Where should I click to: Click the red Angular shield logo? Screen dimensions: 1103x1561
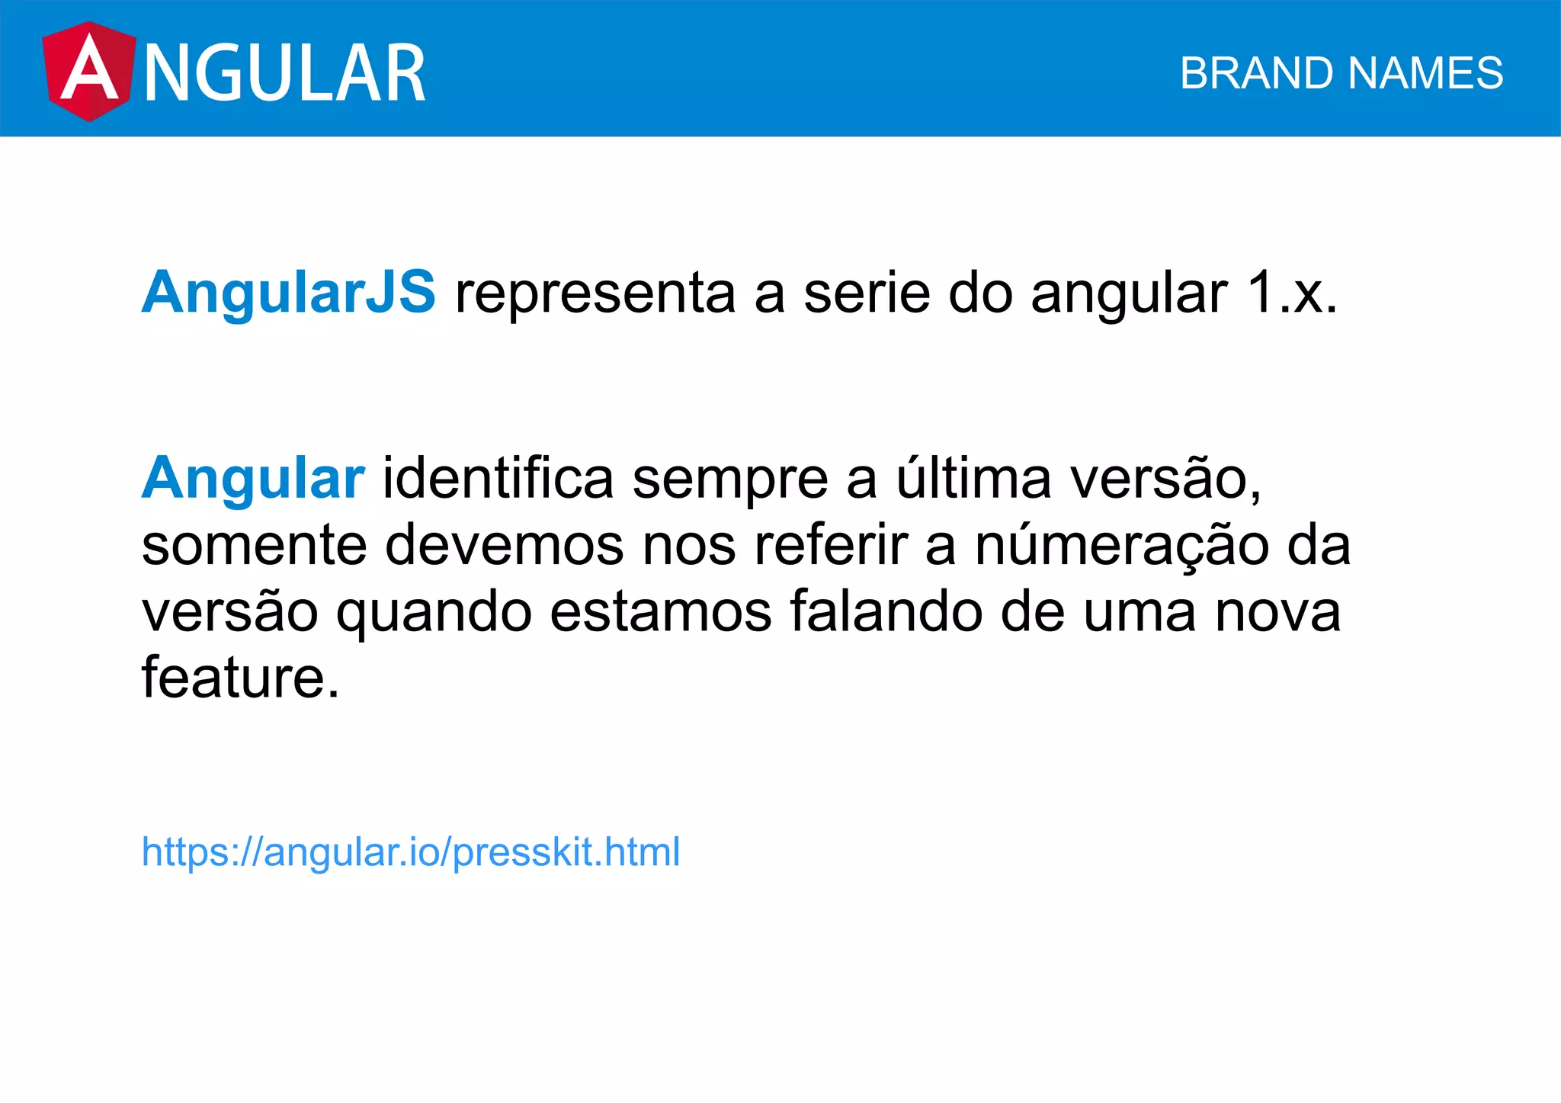pyautogui.click(x=88, y=72)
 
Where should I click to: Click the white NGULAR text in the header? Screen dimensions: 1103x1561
pyautogui.click(x=284, y=73)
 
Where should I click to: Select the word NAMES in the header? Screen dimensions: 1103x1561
pyautogui.click(x=1425, y=73)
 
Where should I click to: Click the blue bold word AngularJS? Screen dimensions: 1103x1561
pyautogui.click(x=288, y=292)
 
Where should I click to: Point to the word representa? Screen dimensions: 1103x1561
pyautogui.click(x=595, y=293)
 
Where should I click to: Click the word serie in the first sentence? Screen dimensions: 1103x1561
pyautogui.click(x=867, y=293)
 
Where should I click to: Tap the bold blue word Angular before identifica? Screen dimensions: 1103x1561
pyautogui.click(x=253, y=479)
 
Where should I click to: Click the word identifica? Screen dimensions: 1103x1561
pyautogui.click(x=498, y=479)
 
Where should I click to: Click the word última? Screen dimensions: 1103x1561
pyautogui.click(x=973, y=477)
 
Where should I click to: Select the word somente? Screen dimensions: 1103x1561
pyautogui.click(x=254, y=546)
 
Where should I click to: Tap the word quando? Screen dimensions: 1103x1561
pyautogui.click(x=434, y=613)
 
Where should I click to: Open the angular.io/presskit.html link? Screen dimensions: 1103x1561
pyautogui.click(x=411, y=851)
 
